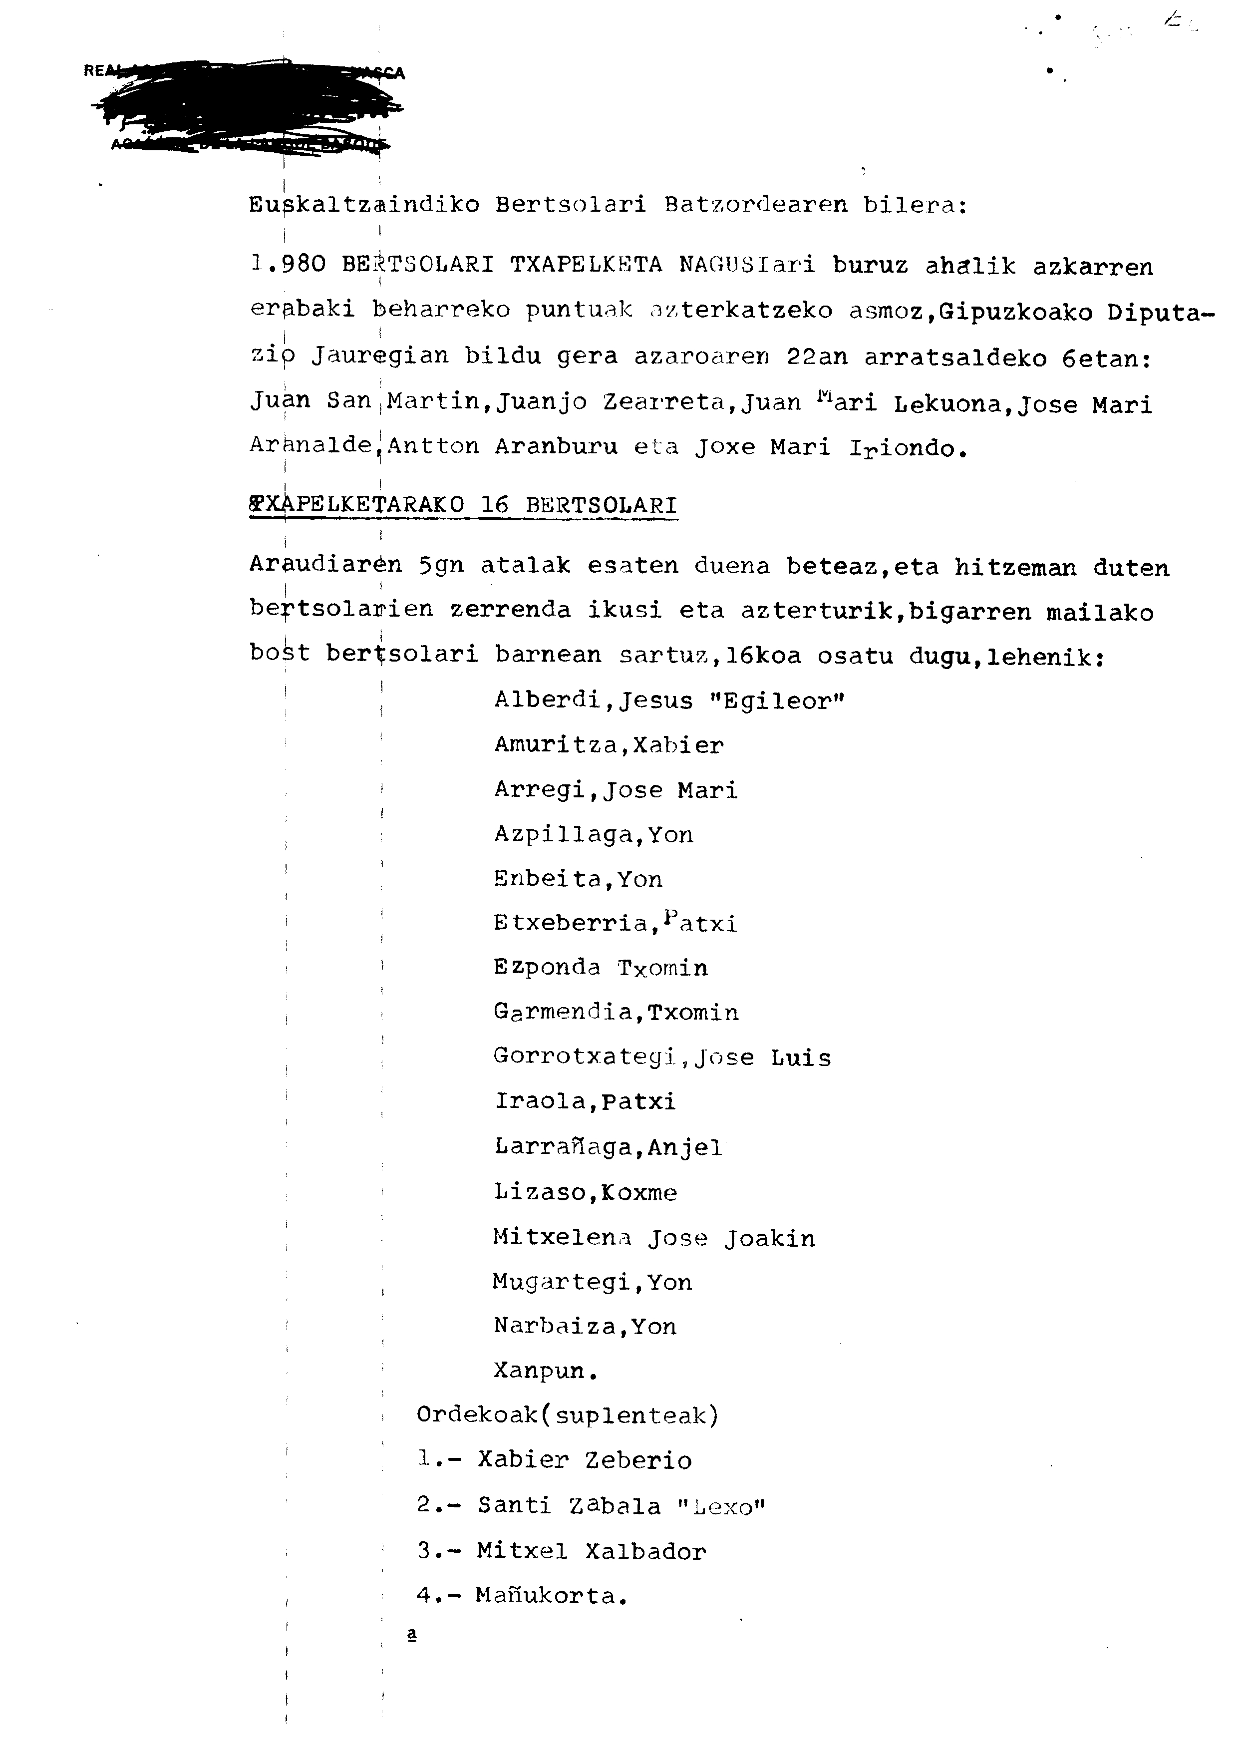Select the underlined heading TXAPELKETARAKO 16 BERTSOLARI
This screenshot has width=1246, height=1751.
coord(463,506)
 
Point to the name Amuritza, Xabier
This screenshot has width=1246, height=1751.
coord(609,745)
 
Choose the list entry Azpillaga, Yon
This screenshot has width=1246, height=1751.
coord(593,835)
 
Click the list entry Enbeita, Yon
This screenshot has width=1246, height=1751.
coord(578,879)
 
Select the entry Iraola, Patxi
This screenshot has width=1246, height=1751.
coord(585,1102)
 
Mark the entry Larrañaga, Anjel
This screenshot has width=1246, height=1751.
coord(608,1148)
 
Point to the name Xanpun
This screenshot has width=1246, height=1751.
coord(544,1371)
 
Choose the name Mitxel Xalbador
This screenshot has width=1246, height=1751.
coord(591,1551)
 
